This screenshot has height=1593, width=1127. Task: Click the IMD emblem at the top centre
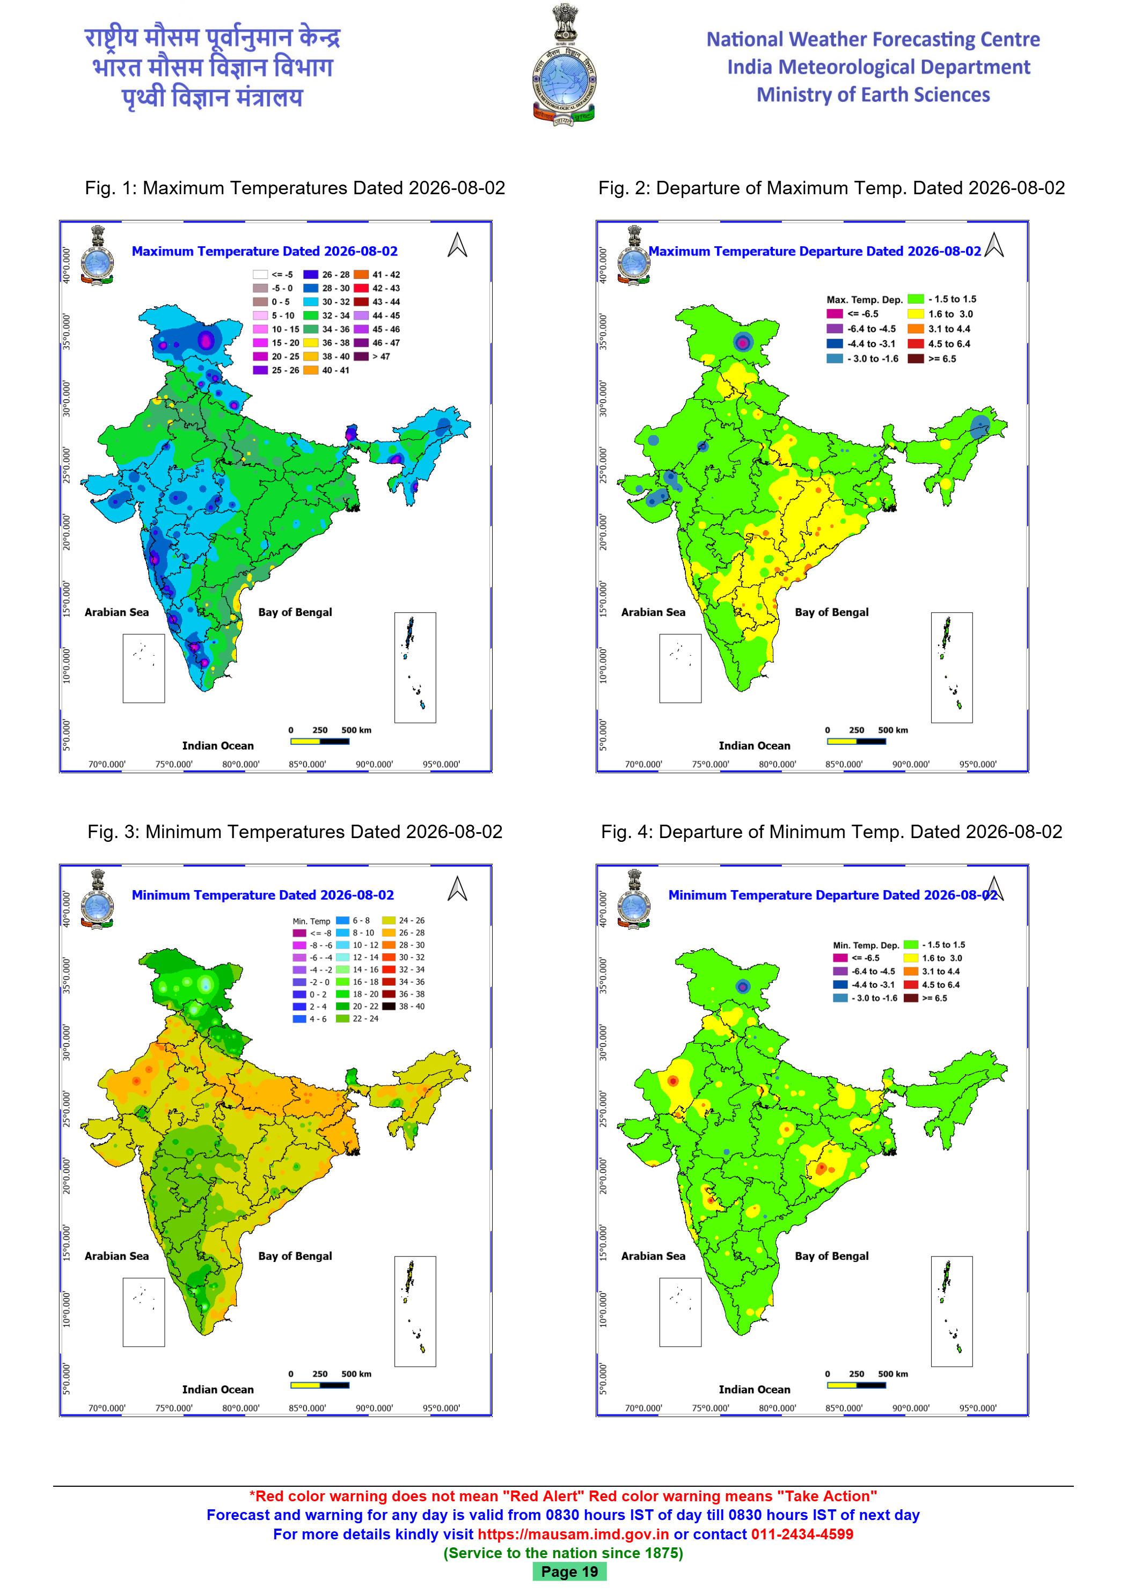(x=563, y=65)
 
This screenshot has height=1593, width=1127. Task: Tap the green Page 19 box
(x=569, y=1572)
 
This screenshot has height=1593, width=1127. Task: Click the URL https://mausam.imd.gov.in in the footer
(x=573, y=1534)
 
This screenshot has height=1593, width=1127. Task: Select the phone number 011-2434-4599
(x=802, y=1534)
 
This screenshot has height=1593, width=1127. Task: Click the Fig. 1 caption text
(x=295, y=188)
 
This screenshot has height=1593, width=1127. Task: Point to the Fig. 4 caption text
(x=831, y=832)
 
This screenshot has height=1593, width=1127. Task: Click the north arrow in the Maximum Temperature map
(x=457, y=244)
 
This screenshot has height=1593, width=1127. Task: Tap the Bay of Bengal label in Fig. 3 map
(x=295, y=1256)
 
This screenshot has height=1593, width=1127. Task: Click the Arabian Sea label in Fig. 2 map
(x=653, y=612)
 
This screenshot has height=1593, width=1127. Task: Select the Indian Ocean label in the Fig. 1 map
(x=218, y=745)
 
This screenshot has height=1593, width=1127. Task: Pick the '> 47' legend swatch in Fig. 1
(x=361, y=357)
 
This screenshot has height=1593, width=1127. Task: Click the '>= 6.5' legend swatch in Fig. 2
(x=916, y=359)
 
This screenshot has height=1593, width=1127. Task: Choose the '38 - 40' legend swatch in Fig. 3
(x=389, y=1006)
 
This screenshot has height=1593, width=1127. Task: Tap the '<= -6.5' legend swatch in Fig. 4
(x=840, y=958)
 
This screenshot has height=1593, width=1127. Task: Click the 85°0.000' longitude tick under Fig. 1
(x=308, y=765)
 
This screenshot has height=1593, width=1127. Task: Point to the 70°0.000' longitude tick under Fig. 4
(x=643, y=1408)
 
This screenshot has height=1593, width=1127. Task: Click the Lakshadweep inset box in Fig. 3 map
(x=144, y=1312)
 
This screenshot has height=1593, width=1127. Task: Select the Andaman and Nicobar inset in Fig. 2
(x=952, y=667)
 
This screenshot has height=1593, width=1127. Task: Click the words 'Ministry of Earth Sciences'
(x=873, y=94)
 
